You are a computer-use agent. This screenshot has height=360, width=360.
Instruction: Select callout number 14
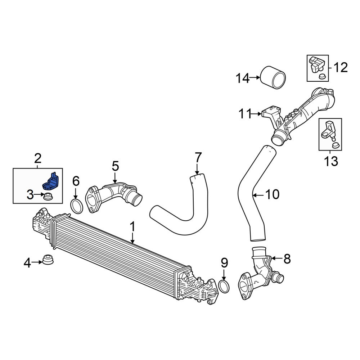pos(243,78)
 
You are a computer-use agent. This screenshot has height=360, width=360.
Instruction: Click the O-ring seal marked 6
pos(77,206)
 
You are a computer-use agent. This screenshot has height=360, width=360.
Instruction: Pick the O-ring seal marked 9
pos(224,286)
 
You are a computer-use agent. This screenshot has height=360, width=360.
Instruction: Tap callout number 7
pos(198,157)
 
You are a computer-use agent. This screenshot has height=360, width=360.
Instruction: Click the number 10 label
pos(272,194)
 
